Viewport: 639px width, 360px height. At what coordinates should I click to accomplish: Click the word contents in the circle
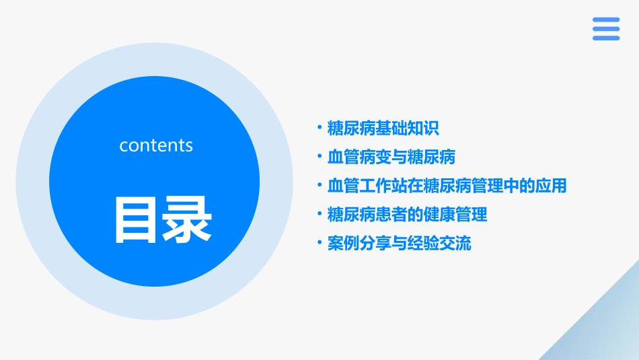click(x=156, y=145)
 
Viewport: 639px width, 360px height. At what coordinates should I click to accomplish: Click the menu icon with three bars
click(x=606, y=29)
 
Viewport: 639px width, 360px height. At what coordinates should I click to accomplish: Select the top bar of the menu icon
click(x=606, y=20)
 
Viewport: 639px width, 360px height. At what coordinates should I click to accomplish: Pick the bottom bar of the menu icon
click(x=606, y=38)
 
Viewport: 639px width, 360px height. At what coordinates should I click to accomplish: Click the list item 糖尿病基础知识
click(x=383, y=128)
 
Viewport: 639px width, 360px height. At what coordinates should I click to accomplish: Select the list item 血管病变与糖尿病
click(x=391, y=157)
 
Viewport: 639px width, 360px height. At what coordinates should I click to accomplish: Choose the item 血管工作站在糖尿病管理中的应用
click(x=447, y=186)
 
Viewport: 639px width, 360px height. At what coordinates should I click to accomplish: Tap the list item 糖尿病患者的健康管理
click(x=407, y=215)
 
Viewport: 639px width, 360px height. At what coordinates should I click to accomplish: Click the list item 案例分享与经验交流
click(x=399, y=244)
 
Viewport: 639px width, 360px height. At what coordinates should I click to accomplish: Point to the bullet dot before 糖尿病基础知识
click(x=319, y=127)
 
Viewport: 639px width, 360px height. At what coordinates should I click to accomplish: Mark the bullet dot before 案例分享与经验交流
click(x=319, y=243)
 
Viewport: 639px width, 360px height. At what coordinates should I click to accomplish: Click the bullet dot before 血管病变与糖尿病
click(x=319, y=156)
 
